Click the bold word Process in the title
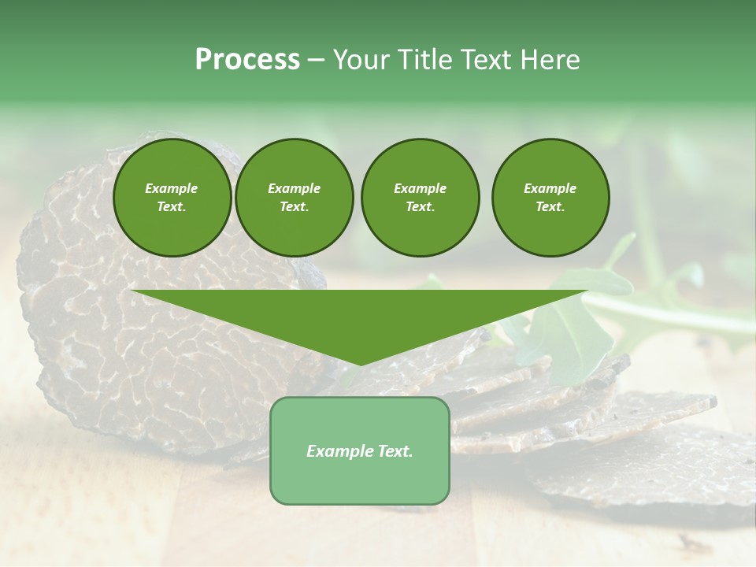pos(247,60)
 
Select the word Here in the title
pos(550,60)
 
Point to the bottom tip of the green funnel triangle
pos(360,365)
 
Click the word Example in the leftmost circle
pos(172,188)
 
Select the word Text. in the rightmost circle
pos(550,206)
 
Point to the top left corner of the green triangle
pos(132,291)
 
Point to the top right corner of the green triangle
pos(587,291)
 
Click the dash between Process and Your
pos(316,60)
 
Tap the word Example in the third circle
pos(420,188)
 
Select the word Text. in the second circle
pos(294,206)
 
